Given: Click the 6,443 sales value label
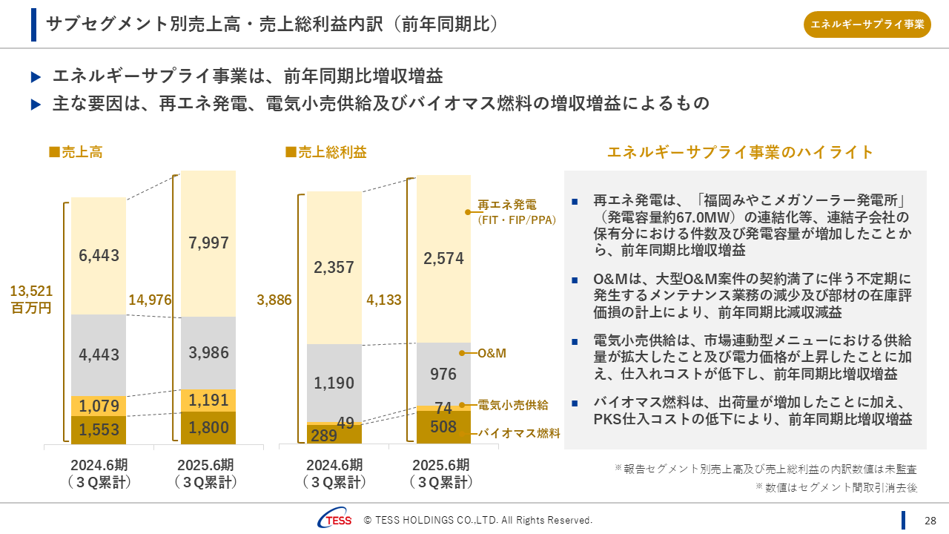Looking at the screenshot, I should point(99,255).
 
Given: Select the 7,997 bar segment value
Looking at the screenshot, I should point(208,243).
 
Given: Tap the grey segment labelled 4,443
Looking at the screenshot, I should point(99,355).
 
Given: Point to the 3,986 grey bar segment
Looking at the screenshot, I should point(208,352).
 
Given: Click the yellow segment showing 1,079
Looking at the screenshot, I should point(99,406).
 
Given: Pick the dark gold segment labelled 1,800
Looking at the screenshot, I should point(208,427).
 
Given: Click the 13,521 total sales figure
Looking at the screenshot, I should point(31,291).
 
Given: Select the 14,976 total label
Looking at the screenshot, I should point(150,300).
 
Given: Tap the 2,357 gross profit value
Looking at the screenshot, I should point(334,268).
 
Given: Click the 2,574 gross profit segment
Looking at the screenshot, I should point(443,258).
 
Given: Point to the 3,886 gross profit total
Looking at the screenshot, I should point(274,300).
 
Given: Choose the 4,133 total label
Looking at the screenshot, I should point(384,300).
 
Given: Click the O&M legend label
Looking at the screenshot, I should point(492,353).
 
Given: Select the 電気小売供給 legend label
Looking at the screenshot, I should point(513,405).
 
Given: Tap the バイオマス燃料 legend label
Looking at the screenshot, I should point(518,433).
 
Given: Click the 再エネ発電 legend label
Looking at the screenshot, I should point(507,205).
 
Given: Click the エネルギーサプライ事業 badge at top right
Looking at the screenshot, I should point(867,24).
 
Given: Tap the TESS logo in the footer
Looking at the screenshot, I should point(335,520).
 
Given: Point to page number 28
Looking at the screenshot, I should point(930,520).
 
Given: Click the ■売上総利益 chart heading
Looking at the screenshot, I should point(326,152).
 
